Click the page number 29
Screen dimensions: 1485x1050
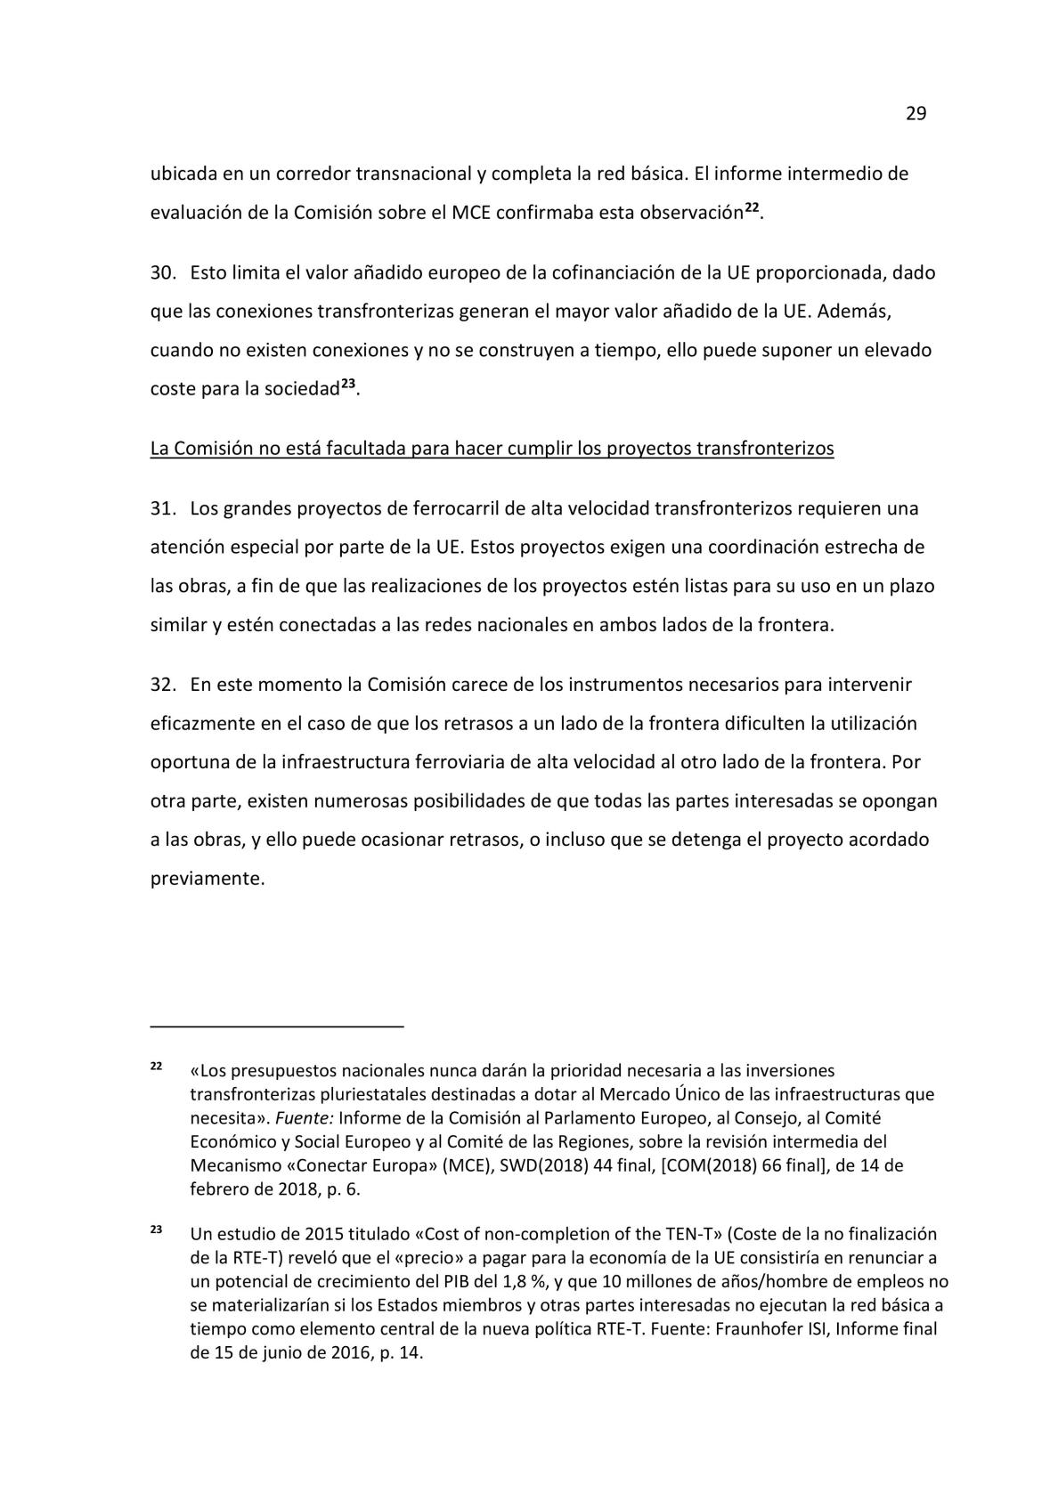(916, 114)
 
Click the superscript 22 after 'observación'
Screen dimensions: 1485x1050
(752, 208)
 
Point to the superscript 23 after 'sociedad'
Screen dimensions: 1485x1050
(349, 385)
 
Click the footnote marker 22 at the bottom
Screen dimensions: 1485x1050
(155, 1066)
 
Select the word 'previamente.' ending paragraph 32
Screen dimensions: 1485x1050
(208, 878)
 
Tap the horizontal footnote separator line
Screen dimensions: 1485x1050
(277, 1027)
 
